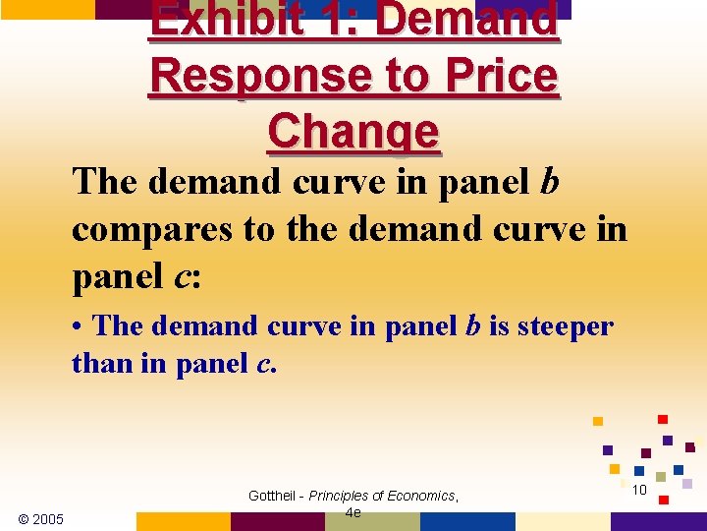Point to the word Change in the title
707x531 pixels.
pyautogui.click(x=353, y=131)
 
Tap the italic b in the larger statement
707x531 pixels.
pyautogui.click(x=549, y=181)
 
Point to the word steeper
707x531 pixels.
pyautogui.click(x=564, y=325)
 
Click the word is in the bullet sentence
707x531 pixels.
pyautogui.click(x=498, y=325)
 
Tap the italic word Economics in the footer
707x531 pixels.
pyautogui.click(x=422, y=496)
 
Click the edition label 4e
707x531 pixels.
pyautogui.click(x=353, y=512)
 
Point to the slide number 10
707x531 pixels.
pyautogui.click(x=638, y=490)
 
